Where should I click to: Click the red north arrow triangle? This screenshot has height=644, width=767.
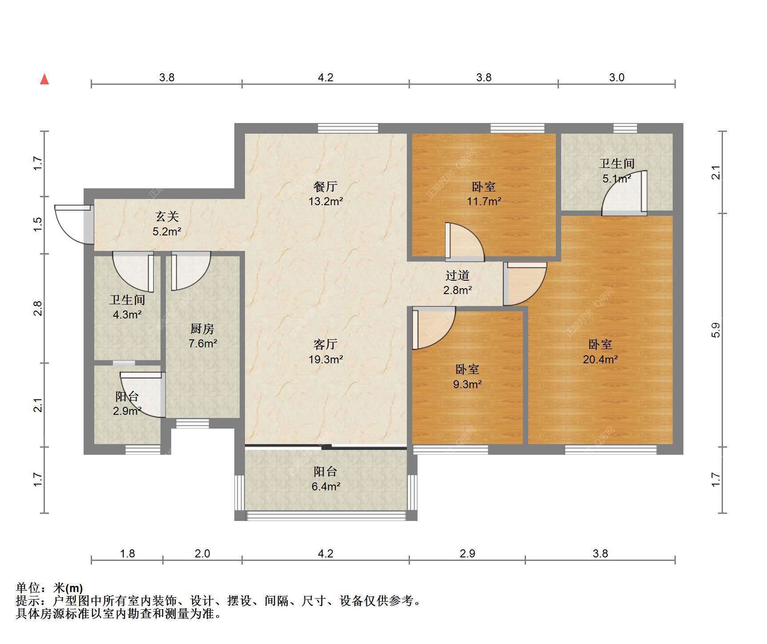coord(44,79)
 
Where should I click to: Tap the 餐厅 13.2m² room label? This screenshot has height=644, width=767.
coord(325,194)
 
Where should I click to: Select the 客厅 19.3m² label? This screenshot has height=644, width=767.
coord(325,352)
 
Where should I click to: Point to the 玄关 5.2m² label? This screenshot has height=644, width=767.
coord(167,224)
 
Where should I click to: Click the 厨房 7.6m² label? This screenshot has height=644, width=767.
coord(203,336)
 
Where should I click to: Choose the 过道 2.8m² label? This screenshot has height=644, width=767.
coord(458,283)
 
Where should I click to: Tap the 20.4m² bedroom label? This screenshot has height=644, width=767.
coord(600,352)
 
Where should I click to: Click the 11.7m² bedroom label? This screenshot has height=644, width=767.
coord(484,194)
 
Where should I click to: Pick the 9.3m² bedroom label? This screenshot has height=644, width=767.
coord(467,377)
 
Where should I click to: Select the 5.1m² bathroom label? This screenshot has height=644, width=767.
coord(617,171)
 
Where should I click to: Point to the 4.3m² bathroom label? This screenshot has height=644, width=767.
coord(127,307)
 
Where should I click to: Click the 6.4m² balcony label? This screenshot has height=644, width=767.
coord(325,479)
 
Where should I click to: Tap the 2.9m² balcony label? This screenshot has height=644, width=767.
coord(127,403)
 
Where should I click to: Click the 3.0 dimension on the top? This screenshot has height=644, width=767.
coord(617,77)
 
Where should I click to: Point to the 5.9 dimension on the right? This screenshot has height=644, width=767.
coord(715,330)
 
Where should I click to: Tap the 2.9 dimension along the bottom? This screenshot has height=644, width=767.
coord(467,553)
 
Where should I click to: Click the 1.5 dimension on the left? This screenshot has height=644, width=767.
coord(38,223)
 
